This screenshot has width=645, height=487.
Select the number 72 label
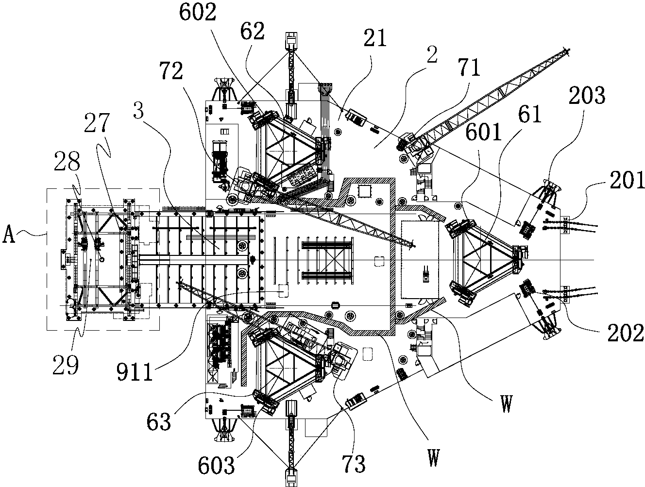point(170,72)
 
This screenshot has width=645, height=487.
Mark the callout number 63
point(159,421)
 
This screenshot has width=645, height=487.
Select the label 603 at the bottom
point(216,465)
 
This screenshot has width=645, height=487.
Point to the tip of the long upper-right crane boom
point(569,48)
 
